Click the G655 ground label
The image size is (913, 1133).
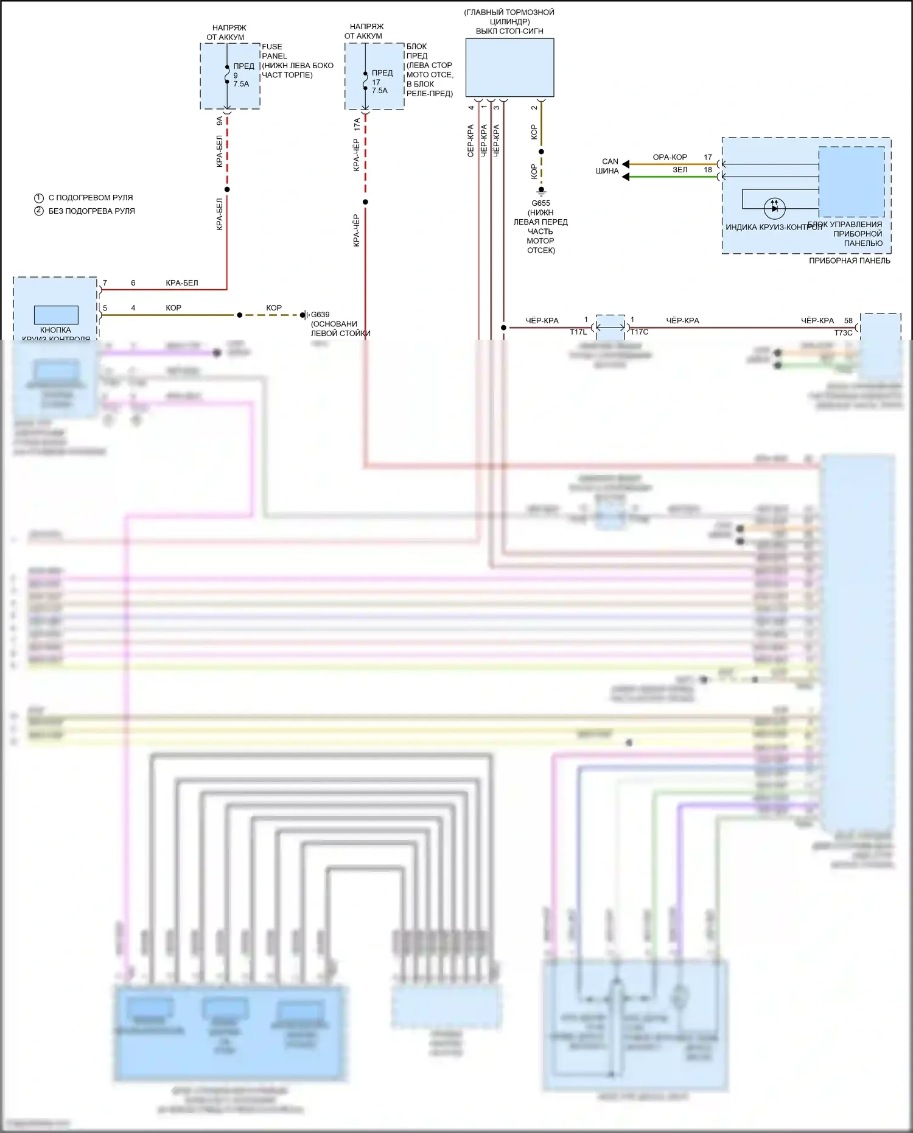pos(540,203)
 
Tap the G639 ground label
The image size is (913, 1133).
pos(320,315)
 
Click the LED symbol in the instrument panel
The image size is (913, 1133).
pos(774,208)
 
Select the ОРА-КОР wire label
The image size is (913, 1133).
pos(670,157)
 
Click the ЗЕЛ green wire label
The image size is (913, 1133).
pos(680,170)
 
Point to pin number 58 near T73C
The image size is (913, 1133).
pos(848,320)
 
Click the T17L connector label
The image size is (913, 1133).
pos(578,332)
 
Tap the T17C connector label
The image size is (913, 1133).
pos(639,332)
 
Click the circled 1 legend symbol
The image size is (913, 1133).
pos(39,198)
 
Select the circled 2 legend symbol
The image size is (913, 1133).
pos(39,211)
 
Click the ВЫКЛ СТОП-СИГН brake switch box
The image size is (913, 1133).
pos(509,68)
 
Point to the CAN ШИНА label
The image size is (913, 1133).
pos(608,166)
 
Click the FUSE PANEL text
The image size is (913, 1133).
pos(273,51)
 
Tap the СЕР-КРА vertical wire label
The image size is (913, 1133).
pos(470,141)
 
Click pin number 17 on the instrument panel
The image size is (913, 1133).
pos(708,157)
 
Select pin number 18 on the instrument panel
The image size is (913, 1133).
pos(708,170)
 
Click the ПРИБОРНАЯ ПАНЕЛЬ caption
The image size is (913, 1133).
pos(849,261)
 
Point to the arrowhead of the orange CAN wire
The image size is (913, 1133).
pos(625,164)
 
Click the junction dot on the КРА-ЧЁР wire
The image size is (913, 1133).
pos(365,202)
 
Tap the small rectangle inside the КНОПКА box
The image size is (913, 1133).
pos(56,315)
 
